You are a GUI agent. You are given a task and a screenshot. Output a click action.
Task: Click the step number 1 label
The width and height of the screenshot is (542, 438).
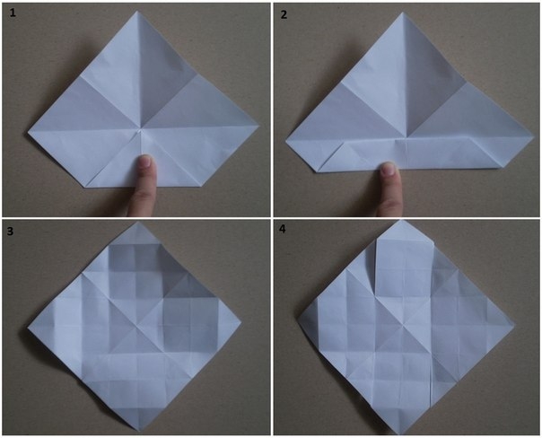(13, 13)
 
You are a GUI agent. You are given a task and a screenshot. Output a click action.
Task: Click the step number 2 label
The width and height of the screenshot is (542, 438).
(284, 15)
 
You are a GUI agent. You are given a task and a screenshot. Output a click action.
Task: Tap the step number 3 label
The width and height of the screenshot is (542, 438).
(11, 231)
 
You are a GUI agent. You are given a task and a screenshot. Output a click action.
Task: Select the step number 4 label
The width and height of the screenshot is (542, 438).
(283, 229)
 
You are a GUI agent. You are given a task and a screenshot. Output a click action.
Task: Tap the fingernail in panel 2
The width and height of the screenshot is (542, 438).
(389, 169)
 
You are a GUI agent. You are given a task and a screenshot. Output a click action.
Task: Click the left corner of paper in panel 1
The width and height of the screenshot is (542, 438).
(29, 131)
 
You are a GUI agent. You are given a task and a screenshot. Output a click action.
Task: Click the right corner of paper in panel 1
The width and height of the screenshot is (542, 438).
(258, 126)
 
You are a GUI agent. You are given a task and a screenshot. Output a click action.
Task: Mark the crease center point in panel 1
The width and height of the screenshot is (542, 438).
(141, 131)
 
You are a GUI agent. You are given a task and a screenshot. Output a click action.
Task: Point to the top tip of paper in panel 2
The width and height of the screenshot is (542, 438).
(403, 13)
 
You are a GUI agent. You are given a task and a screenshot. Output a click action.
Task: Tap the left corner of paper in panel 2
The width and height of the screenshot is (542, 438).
(286, 141)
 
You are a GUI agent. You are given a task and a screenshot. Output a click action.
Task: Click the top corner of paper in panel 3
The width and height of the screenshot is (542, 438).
(139, 223)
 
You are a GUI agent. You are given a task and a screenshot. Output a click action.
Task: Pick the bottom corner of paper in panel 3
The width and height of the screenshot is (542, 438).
(139, 431)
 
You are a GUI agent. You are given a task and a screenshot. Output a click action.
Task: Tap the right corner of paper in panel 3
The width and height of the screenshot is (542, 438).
(240, 324)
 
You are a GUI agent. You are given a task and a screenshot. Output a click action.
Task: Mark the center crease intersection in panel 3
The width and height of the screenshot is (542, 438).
(137, 326)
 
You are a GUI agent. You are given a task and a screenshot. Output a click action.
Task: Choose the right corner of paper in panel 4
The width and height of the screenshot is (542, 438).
(514, 325)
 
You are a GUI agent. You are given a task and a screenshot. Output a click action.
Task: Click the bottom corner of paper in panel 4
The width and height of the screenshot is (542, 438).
(401, 434)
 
